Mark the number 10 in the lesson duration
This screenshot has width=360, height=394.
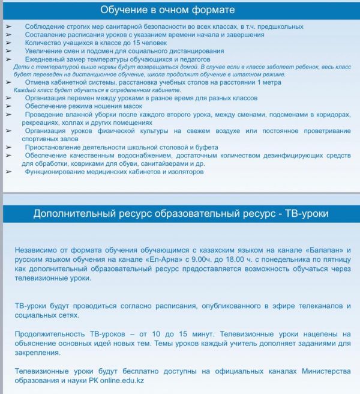tap(164, 334)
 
